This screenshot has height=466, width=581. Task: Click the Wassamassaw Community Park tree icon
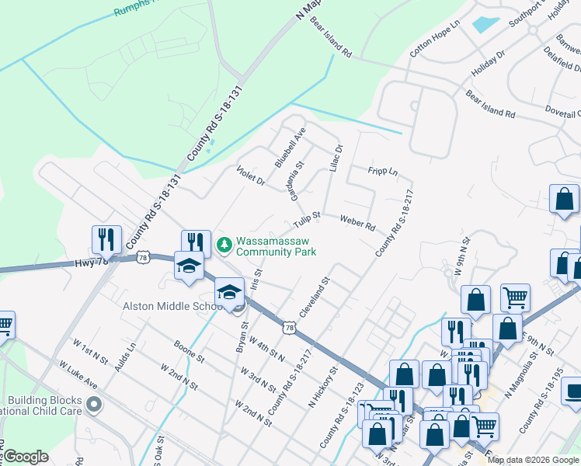(224, 245)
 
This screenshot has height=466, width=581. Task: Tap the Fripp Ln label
(383, 170)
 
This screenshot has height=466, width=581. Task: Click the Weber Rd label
(358, 223)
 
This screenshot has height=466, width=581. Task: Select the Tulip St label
(308, 221)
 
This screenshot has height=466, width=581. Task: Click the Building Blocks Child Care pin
(95, 404)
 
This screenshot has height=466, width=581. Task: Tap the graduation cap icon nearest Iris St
(229, 292)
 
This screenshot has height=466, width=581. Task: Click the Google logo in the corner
(26, 457)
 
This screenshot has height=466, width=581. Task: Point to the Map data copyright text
(533, 460)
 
